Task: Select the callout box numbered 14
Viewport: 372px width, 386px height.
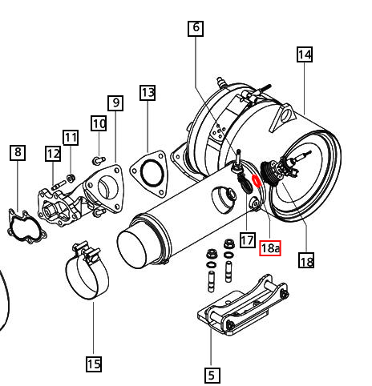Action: click(304, 54)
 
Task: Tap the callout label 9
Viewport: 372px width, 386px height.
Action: click(115, 103)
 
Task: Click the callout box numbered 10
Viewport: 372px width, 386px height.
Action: click(98, 123)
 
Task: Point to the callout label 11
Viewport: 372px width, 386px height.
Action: click(71, 138)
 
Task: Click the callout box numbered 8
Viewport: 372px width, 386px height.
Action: click(18, 152)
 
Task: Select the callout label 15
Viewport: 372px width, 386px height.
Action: click(93, 364)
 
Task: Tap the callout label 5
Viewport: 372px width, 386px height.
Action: click(211, 374)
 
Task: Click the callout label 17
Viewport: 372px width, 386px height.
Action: click(247, 239)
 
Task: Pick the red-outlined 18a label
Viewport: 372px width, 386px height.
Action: click(271, 247)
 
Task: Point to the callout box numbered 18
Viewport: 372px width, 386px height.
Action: click(305, 261)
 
